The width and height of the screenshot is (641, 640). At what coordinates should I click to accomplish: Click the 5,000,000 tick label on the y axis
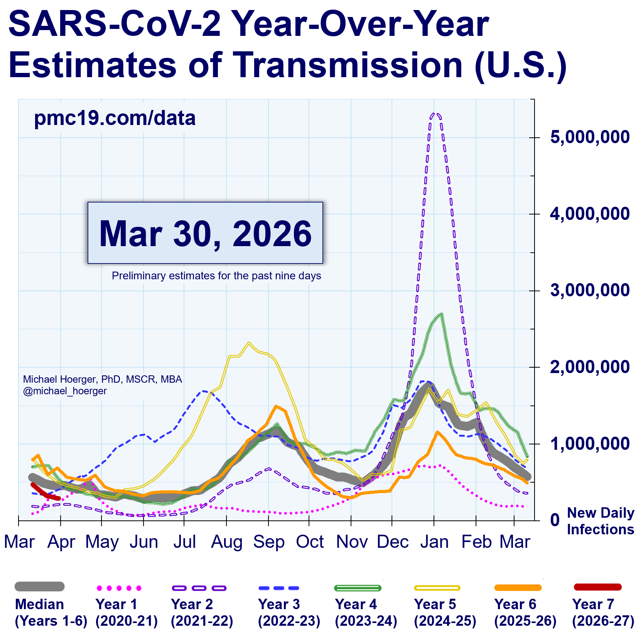tap(589, 137)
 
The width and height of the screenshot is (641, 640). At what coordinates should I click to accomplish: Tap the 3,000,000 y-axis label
tap(589, 290)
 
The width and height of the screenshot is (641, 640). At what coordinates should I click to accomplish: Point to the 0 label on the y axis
tap(555, 520)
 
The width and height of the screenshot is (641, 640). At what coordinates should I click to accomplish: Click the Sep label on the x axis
tap(269, 542)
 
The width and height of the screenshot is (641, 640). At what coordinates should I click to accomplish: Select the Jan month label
tap(434, 542)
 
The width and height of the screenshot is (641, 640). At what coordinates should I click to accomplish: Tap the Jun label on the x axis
tap(143, 542)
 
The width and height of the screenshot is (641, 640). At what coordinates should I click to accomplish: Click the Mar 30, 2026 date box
tap(205, 233)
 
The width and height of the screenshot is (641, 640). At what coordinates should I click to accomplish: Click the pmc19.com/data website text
tap(115, 118)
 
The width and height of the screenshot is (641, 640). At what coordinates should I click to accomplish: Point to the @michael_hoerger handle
tap(65, 391)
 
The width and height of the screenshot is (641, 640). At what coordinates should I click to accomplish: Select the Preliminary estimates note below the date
tap(216, 276)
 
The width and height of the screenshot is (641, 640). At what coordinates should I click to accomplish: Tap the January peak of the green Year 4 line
tap(440, 314)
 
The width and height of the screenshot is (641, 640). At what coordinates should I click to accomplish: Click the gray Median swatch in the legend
tap(39, 587)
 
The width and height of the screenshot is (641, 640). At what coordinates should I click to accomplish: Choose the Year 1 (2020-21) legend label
tap(127, 613)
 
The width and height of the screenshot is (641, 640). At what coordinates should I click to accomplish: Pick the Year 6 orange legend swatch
tap(518, 588)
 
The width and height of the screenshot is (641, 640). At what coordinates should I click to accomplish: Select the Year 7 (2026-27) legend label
tap(603, 613)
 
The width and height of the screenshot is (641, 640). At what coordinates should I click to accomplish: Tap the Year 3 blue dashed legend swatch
tap(278, 588)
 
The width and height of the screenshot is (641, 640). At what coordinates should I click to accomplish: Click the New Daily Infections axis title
tap(600, 521)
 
